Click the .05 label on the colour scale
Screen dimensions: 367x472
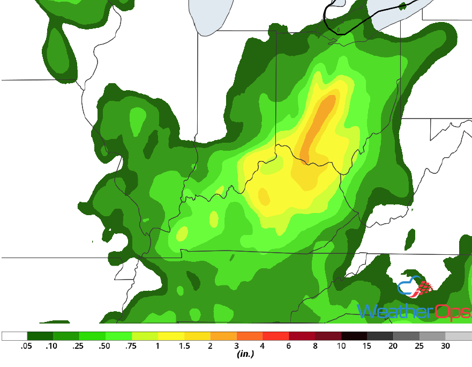tap(25, 346)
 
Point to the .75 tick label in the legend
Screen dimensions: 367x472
tap(131, 346)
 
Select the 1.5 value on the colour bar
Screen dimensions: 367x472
tap(184, 346)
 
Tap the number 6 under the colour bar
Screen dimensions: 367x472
tap(289, 346)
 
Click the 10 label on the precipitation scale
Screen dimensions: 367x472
tap(341, 346)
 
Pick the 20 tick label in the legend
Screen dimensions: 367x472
tap(393, 346)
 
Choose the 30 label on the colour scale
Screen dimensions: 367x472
tap(445, 346)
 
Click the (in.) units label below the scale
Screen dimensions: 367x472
tap(245, 355)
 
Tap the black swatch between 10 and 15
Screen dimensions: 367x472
tap(354, 336)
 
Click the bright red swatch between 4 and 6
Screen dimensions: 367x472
tap(276, 336)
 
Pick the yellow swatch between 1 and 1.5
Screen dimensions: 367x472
tap(171, 336)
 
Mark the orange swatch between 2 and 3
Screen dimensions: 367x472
tap(223, 336)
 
